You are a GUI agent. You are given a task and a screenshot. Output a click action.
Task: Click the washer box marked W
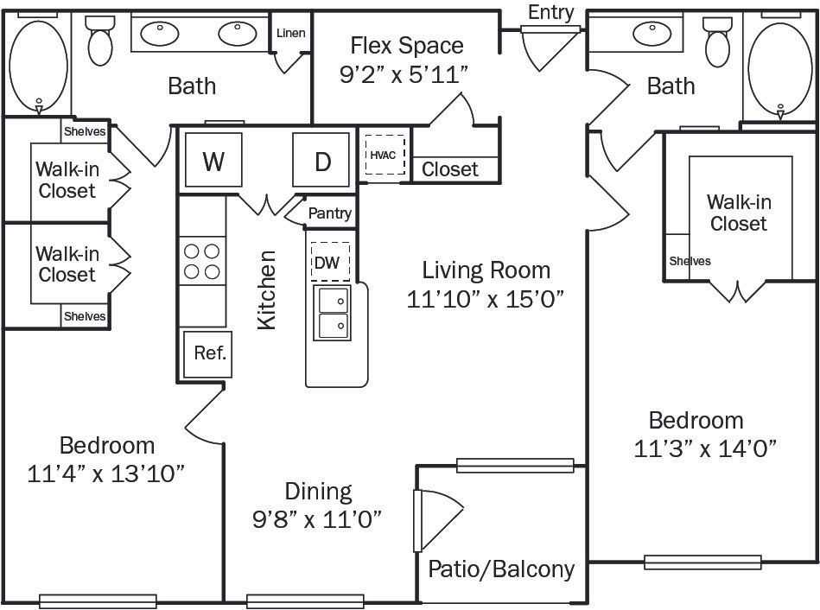coord(213,162)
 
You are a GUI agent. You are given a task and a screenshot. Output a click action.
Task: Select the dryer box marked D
coord(322,162)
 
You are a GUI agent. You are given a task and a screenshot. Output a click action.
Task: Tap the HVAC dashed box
coord(384,156)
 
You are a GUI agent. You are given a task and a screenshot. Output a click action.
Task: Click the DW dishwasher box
coord(329,263)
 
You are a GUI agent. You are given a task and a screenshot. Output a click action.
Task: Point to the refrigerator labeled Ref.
coord(209,353)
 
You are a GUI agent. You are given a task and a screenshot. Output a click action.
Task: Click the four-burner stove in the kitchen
coord(201,261)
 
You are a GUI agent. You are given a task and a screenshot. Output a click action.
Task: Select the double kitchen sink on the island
coord(333,313)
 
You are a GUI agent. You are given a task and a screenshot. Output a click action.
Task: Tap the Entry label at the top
coord(550,12)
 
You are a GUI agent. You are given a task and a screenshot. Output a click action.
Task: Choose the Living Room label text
coord(486,270)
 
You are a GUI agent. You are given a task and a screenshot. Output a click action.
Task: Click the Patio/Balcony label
coord(501,569)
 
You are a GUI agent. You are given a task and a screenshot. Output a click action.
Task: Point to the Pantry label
coord(330,213)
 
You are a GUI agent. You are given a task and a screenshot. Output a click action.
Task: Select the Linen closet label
coord(290,34)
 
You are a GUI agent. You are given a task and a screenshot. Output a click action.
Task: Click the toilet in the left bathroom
coord(100,43)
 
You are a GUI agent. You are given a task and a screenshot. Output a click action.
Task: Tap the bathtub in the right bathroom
coord(780,65)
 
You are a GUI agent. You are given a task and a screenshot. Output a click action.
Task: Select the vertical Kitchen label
coord(268,289)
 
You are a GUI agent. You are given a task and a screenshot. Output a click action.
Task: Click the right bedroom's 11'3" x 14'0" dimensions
coord(705,448)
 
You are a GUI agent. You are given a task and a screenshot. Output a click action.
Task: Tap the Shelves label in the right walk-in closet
coord(690,261)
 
